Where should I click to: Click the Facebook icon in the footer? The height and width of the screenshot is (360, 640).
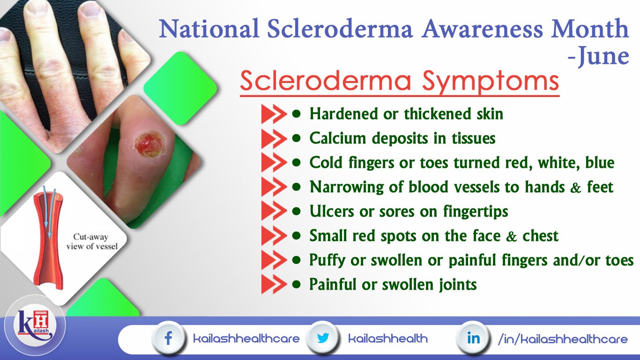(x=168, y=338)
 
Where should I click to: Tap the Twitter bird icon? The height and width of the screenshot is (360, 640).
(x=322, y=338)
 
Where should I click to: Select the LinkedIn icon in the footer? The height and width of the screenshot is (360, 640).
(x=473, y=338)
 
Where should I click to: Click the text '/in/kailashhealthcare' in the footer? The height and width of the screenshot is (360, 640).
(x=562, y=338)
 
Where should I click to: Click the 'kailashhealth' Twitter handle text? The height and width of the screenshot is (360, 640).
(x=387, y=338)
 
